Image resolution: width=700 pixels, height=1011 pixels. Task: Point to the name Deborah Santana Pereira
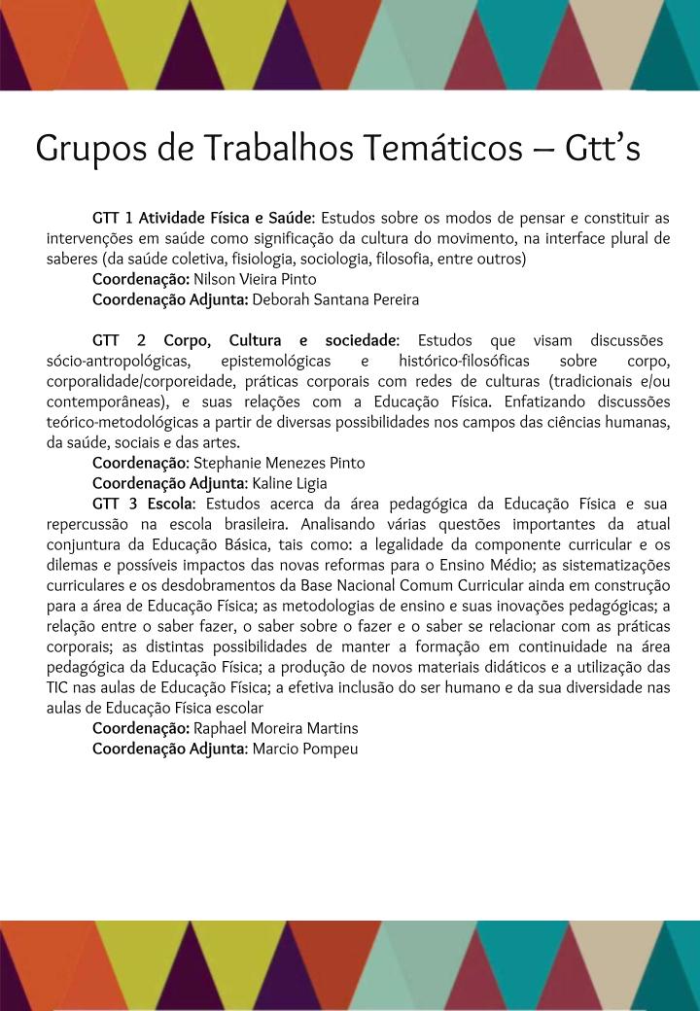[x=335, y=299]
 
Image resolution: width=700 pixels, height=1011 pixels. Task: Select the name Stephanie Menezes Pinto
[x=279, y=463]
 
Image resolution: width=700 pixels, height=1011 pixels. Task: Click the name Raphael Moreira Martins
[x=276, y=728]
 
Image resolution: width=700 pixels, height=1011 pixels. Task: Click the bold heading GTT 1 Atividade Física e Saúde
[x=202, y=217]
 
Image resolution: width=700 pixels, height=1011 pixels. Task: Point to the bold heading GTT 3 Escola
[x=144, y=504]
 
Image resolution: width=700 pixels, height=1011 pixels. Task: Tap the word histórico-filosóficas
[x=464, y=361]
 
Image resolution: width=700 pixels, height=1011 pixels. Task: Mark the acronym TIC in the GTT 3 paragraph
[x=58, y=687]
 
